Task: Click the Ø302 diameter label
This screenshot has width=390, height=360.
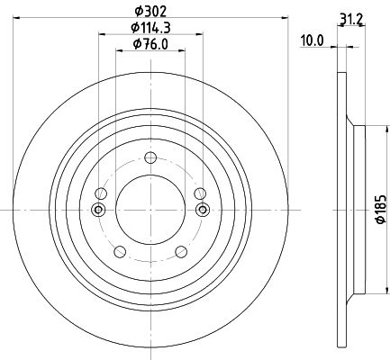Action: coord(150,12)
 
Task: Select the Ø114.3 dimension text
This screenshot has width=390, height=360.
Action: coord(150,28)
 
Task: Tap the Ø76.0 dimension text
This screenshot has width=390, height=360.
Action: coord(150,44)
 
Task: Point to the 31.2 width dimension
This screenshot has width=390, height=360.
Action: coord(351,20)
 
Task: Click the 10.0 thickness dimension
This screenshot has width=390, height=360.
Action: coord(313,40)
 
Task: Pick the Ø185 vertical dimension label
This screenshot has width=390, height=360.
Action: coord(381,209)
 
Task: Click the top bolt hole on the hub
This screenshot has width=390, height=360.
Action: coord(150,157)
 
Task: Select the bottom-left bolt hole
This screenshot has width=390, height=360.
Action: coord(120,252)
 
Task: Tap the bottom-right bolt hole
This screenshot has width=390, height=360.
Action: coord(181,252)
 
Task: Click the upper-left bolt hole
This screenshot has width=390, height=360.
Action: coord(101,193)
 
